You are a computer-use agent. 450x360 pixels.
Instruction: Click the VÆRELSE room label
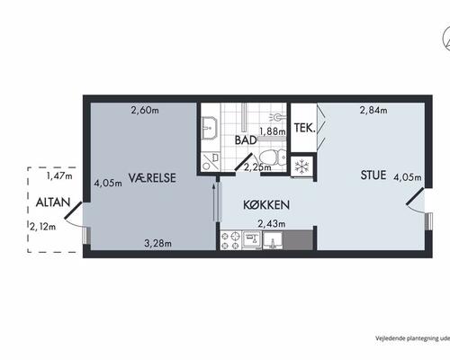click(152, 178)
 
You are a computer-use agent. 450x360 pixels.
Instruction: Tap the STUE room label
click(373, 175)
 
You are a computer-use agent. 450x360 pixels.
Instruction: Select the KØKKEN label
click(266, 205)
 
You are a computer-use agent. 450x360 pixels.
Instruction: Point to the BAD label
click(246, 140)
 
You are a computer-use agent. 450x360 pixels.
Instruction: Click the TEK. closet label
click(304, 128)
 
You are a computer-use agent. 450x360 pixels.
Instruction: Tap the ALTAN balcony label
click(53, 202)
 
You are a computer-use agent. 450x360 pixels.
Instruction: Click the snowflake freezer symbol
click(301, 166)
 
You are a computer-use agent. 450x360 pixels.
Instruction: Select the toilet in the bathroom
click(273, 158)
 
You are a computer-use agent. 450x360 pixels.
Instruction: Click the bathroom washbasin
click(211, 128)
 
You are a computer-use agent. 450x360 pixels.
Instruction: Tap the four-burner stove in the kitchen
click(230, 240)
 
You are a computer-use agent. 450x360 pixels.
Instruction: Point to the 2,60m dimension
click(145, 111)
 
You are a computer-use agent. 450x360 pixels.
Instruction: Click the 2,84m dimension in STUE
click(373, 111)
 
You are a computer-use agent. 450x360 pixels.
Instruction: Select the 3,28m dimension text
click(157, 243)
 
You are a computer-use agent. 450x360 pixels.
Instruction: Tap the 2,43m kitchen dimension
click(272, 223)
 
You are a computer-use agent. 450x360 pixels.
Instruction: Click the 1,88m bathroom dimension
click(273, 131)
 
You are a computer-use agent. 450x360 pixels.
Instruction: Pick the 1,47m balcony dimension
click(59, 175)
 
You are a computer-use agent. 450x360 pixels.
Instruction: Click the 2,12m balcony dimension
click(42, 227)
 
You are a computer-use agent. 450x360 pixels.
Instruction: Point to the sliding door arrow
click(213, 202)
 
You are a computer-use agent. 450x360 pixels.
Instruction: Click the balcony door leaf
click(73, 210)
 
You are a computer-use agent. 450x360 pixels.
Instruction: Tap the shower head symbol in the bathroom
click(276, 117)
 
